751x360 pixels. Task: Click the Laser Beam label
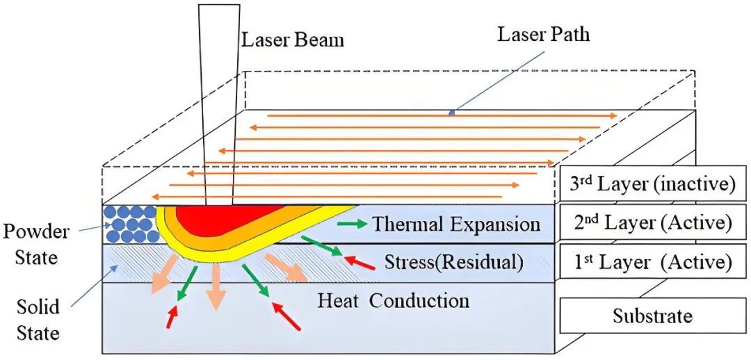click(293, 40)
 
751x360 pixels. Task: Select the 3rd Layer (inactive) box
click(647, 184)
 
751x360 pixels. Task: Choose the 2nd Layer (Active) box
click(647, 223)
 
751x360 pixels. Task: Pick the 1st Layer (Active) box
click(647, 262)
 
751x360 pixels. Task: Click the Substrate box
click(652, 316)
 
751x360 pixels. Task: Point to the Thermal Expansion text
click(456, 224)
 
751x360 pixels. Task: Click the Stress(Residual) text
click(453, 263)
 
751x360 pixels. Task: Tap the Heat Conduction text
click(394, 301)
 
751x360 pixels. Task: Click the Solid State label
click(39, 320)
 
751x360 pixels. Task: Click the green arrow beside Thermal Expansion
click(351, 224)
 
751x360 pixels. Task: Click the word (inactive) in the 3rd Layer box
click(691, 184)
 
